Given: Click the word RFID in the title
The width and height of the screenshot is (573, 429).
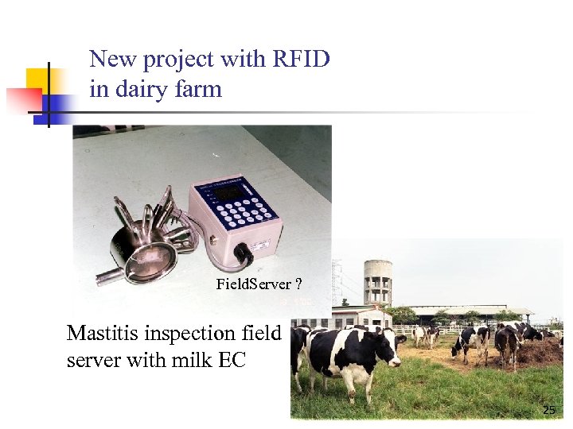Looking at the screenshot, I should tap(301, 60).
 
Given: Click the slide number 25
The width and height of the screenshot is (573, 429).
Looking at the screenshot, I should tap(548, 410).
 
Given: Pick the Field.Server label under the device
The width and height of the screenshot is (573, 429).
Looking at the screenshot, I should tap(252, 284).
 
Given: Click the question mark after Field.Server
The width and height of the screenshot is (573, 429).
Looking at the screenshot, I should tap(298, 284).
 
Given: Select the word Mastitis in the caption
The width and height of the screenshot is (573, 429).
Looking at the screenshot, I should tap(100, 334).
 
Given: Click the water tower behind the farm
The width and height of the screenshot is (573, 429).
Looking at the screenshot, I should tap(377, 281).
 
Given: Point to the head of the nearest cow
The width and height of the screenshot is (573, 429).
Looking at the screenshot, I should tap(389, 354).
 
